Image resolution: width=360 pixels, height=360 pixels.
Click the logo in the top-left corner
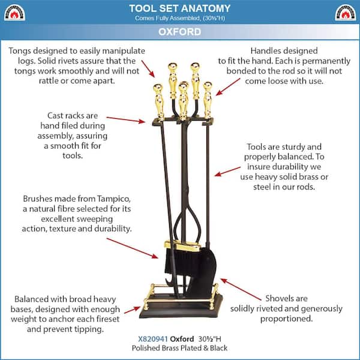pos(15,11)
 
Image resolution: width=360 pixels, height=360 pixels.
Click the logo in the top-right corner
pos(345,11)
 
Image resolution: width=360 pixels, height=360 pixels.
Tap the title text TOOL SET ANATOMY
pos(180,8)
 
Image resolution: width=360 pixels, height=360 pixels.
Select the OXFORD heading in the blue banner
pos(180,32)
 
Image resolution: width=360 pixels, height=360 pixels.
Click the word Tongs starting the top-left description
pos(22,51)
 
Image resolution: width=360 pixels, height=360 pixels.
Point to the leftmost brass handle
pos(158,100)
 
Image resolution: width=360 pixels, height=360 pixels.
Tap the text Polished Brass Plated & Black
pos(180,348)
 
